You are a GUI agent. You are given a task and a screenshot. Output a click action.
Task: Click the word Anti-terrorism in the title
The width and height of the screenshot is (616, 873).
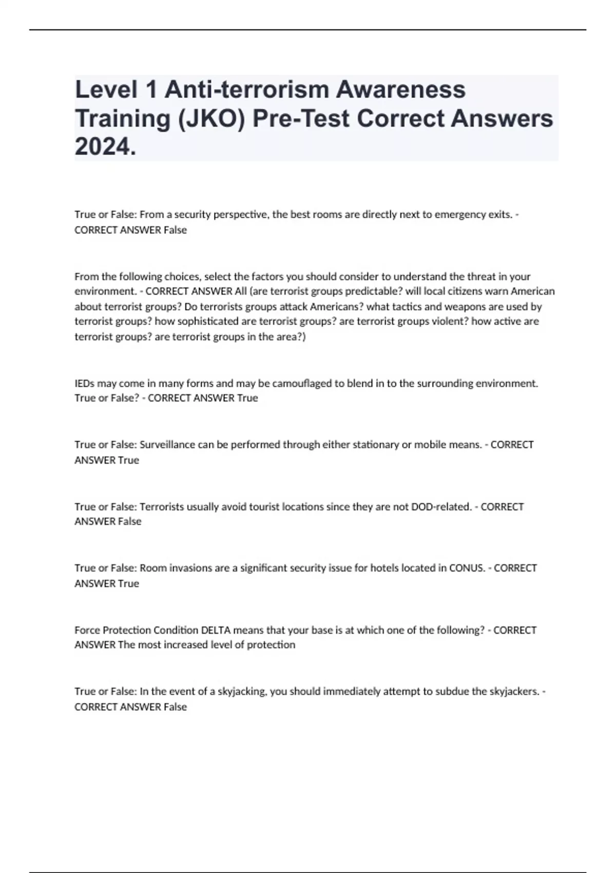click(247, 89)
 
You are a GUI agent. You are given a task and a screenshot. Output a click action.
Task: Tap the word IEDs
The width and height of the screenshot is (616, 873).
click(84, 383)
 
